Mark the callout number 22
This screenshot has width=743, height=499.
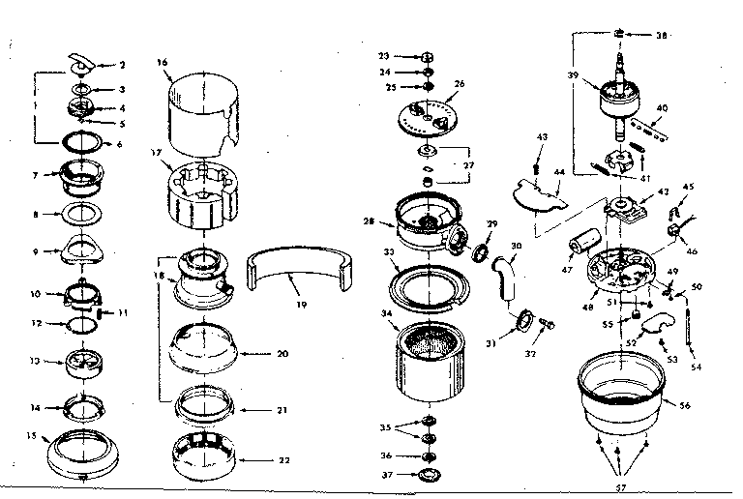(x=282, y=458)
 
